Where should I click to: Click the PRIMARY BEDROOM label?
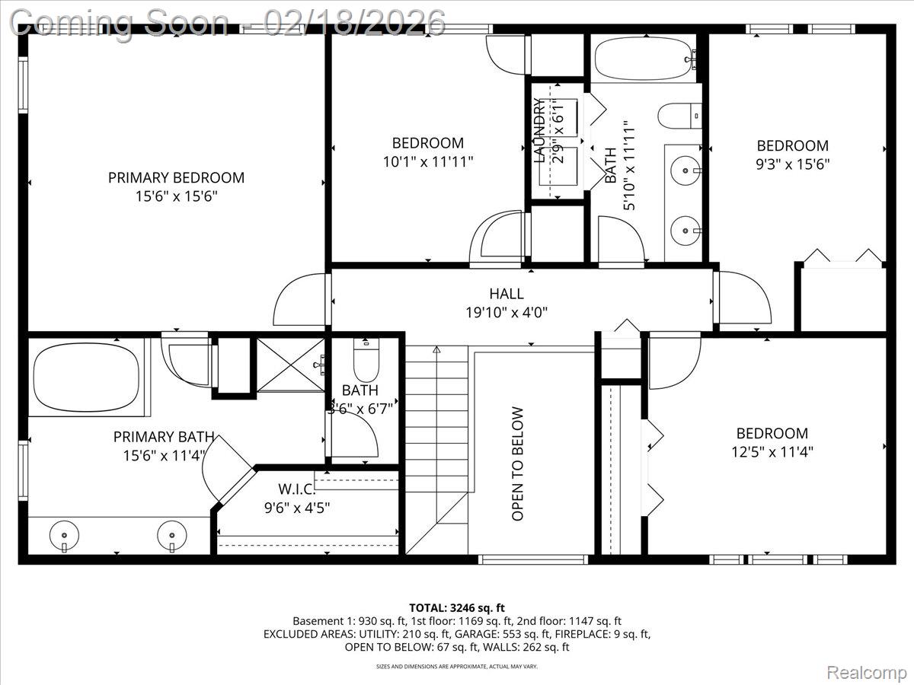tap(176, 177)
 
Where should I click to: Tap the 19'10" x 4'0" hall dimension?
tap(507, 312)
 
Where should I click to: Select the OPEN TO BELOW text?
tap(518, 464)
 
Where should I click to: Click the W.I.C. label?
tap(296, 489)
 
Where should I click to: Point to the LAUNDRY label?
tap(539, 130)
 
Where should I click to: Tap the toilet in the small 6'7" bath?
tap(366, 362)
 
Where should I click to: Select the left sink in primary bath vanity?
tap(63, 537)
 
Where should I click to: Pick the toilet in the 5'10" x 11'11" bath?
tap(678, 116)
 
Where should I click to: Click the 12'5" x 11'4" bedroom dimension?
tap(772, 451)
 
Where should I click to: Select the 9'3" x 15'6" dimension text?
tap(792, 164)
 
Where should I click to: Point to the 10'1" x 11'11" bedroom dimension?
tap(427, 161)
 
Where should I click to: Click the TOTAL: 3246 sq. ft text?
tap(457, 607)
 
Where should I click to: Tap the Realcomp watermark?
tap(866, 673)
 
